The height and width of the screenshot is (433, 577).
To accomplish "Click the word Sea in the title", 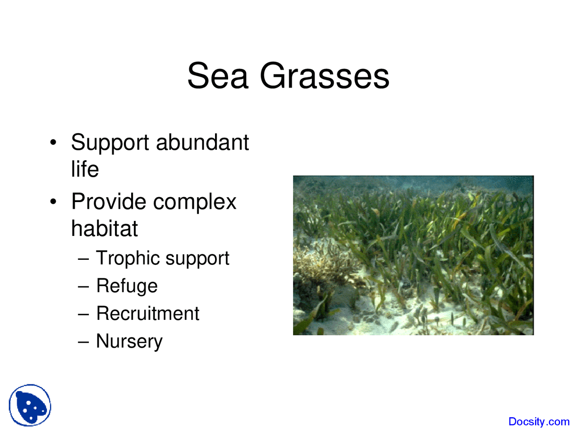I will pyautogui.click(x=218, y=76).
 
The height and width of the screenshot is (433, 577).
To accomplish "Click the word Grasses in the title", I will pyautogui.click(x=324, y=76).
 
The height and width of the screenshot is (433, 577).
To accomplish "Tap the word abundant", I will pyautogui.click(x=202, y=143).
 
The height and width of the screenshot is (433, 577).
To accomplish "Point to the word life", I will pyautogui.click(x=85, y=169).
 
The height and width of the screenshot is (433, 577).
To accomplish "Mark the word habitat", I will pyautogui.click(x=104, y=228).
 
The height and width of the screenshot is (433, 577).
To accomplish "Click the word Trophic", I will pyautogui.click(x=128, y=258).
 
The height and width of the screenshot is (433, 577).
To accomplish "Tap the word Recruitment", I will pyautogui.click(x=147, y=313).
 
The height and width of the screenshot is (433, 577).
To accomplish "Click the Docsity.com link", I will pyautogui.click(x=539, y=422).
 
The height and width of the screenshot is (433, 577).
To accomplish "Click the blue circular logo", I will pyautogui.click(x=30, y=405).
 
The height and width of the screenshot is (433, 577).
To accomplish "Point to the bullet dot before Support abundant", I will pyautogui.click(x=54, y=143).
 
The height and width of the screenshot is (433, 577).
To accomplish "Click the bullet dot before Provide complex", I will pyautogui.click(x=54, y=202).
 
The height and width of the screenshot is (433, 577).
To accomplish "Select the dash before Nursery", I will pyautogui.click(x=83, y=341).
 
